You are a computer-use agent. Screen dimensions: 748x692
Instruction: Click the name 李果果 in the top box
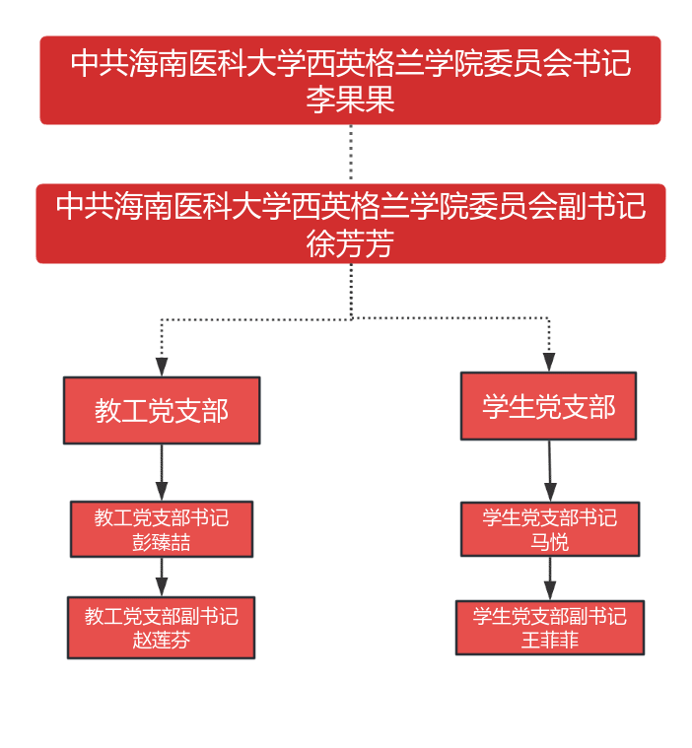pos(350,100)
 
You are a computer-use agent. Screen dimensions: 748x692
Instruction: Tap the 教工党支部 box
pos(162,410)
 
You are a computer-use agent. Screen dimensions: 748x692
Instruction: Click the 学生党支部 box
pos(548,406)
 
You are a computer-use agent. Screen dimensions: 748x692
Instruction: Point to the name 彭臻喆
pos(162,542)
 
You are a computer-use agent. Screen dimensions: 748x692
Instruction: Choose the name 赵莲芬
pos(162,640)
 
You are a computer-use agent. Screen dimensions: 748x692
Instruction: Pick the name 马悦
pos(550,542)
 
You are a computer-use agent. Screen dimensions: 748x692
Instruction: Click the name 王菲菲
pos(550,640)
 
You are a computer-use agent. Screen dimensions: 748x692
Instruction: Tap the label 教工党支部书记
pos(162,518)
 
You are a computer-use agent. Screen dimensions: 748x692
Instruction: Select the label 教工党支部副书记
pos(162,616)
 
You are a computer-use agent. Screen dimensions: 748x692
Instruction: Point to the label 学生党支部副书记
pos(550,616)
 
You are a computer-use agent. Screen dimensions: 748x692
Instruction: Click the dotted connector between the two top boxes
pos(350,154)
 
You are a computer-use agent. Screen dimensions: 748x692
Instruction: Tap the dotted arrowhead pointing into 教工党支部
pos(162,366)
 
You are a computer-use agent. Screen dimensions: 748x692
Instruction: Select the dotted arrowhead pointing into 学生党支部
pos(549,361)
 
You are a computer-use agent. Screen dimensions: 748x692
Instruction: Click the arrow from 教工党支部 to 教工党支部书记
pos(162,473)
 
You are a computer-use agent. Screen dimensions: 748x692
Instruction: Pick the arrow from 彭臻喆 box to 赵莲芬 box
pos(162,578)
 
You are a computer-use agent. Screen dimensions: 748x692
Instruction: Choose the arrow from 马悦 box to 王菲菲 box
pos(550,579)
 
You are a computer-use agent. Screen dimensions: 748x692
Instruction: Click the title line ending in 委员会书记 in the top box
pos(350,65)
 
